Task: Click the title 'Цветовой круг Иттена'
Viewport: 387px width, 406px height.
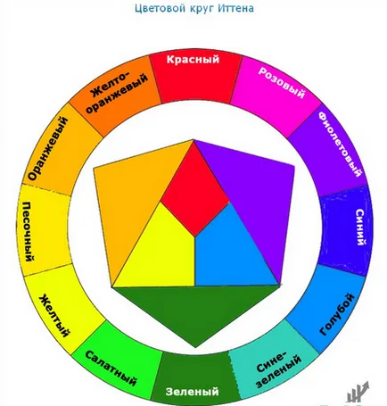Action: [x=194, y=8]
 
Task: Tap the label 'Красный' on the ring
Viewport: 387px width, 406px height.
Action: [x=193, y=59]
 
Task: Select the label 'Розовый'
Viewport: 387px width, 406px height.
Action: [x=282, y=82]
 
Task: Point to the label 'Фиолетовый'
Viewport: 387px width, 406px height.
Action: [x=341, y=145]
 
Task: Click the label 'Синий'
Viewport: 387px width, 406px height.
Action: [x=360, y=227]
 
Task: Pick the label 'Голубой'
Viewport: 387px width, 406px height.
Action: [x=337, y=314]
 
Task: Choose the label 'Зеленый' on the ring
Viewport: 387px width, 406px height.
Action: [x=192, y=391]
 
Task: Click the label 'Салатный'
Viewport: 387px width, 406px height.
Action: [x=111, y=368]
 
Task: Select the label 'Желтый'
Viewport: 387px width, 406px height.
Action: [x=54, y=315]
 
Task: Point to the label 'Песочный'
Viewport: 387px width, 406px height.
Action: [x=29, y=231]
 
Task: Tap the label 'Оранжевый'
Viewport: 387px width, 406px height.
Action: [x=48, y=148]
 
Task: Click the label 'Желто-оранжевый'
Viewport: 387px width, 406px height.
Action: [x=116, y=91]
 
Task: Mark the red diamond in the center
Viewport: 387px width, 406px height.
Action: [x=194, y=190]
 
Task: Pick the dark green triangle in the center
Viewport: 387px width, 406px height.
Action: [x=196, y=310]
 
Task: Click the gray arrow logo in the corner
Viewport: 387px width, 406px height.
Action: [x=358, y=392]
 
